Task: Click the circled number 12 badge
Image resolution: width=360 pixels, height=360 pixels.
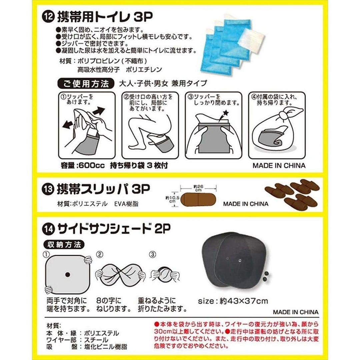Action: pyautogui.click(x=48, y=18)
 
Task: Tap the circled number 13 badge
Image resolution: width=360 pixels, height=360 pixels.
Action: pyautogui.click(x=48, y=190)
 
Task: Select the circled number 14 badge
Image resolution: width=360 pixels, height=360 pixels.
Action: pyautogui.click(x=49, y=229)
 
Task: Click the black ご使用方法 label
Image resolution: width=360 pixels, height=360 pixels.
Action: pyautogui.click(x=86, y=84)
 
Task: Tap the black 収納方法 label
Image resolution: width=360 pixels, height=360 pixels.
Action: pyautogui.click(x=64, y=245)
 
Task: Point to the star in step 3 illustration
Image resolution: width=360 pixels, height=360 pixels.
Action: pyautogui.click(x=226, y=113)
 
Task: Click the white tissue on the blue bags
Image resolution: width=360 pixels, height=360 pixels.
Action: pyautogui.click(x=251, y=41)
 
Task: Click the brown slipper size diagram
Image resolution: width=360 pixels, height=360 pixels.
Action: pyautogui.click(x=198, y=199)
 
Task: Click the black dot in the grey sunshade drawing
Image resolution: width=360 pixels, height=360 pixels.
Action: pyautogui.click(x=67, y=275)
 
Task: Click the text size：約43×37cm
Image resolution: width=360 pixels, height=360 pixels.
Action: pyautogui.click(x=233, y=301)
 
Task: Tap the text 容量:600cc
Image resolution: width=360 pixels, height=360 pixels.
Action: pyautogui.click(x=83, y=165)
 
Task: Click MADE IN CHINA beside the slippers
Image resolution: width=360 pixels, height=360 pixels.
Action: pyautogui.click(x=246, y=204)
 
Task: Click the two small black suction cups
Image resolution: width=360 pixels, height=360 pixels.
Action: pyautogui.click(x=266, y=276)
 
